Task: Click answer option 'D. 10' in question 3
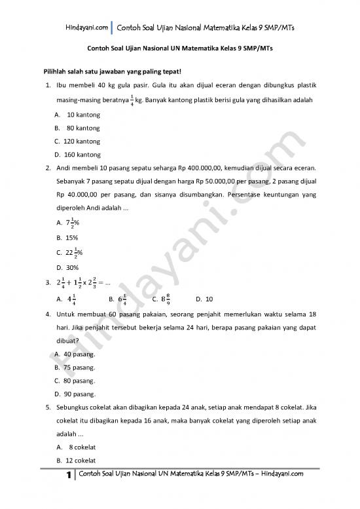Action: tap(204, 299)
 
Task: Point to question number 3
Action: tap(48, 283)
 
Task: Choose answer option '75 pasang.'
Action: tap(76, 368)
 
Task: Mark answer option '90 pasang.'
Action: tap(76, 394)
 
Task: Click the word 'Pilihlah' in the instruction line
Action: tap(56, 72)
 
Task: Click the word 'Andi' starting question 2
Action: tap(64, 168)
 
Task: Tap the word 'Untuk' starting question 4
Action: tap(66, 314)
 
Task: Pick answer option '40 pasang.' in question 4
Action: tap(76, 354)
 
